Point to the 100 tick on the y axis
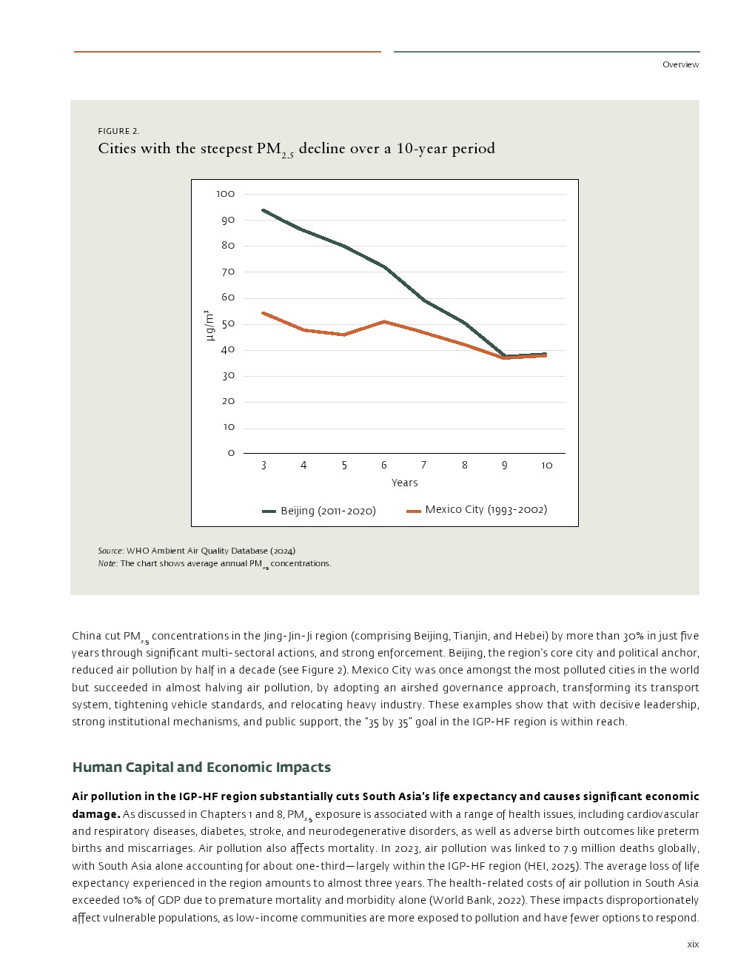[x=226, y=194]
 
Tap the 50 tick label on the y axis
[x=228, y=323]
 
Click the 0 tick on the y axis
[x=231, y=453]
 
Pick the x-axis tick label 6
[x=384, y=465]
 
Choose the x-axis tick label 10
[x=546, y=465]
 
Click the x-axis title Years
[x=405, y=483]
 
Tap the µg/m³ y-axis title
[x=209, y=326]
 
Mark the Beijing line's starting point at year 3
[x=264, y=210]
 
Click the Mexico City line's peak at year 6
[x=384, y=321]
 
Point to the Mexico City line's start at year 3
[x=264, y=313]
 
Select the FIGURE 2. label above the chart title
[x=118, y=131]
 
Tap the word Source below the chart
[x=110, y=551]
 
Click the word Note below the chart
[x=107, y=563]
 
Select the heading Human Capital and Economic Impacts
[x=201, y=768]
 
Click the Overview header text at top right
[x=680, y=64]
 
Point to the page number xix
[x=693, y=944]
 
